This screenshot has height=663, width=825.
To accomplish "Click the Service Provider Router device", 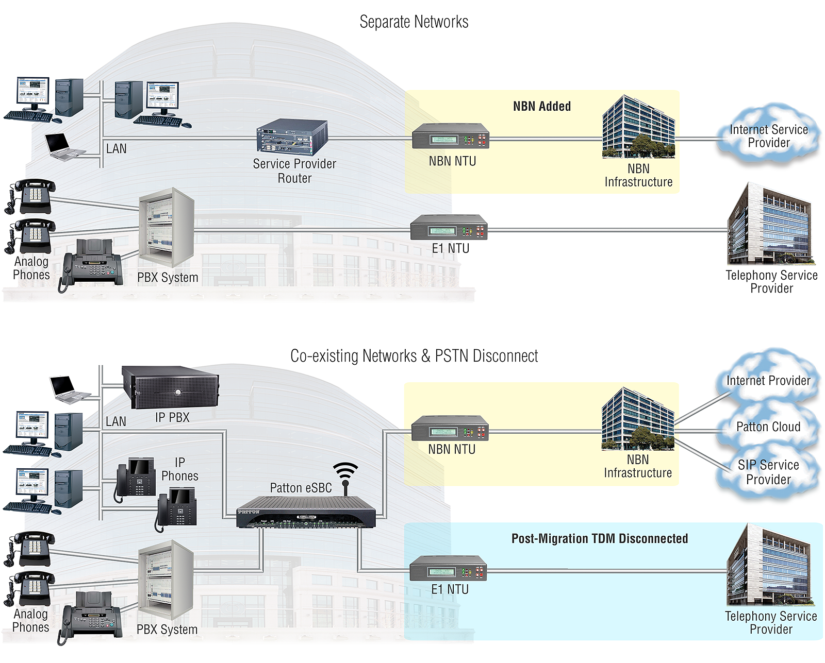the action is click(292, 137).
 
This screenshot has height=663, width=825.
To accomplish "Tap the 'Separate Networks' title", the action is click(414, 22).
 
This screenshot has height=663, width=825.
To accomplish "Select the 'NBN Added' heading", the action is click(542, 106).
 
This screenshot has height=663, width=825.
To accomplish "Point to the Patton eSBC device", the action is click(306, 512).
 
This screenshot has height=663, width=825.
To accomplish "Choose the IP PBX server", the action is click(170, 387).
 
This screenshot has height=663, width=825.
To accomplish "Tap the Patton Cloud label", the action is click(768, 427).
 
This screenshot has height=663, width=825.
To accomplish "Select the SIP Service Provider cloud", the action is click(768, 471).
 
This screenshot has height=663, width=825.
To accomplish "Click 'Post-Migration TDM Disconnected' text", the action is click(600, 538).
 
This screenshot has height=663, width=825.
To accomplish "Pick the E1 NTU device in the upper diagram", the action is click(449, 227).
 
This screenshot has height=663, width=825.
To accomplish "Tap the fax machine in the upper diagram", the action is click(91, 264).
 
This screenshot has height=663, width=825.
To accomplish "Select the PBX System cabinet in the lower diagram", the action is click(166, 580).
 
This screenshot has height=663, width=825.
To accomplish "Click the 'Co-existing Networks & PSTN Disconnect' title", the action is click(414, 356).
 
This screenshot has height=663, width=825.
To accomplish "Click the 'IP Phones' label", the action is click(179, 469).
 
